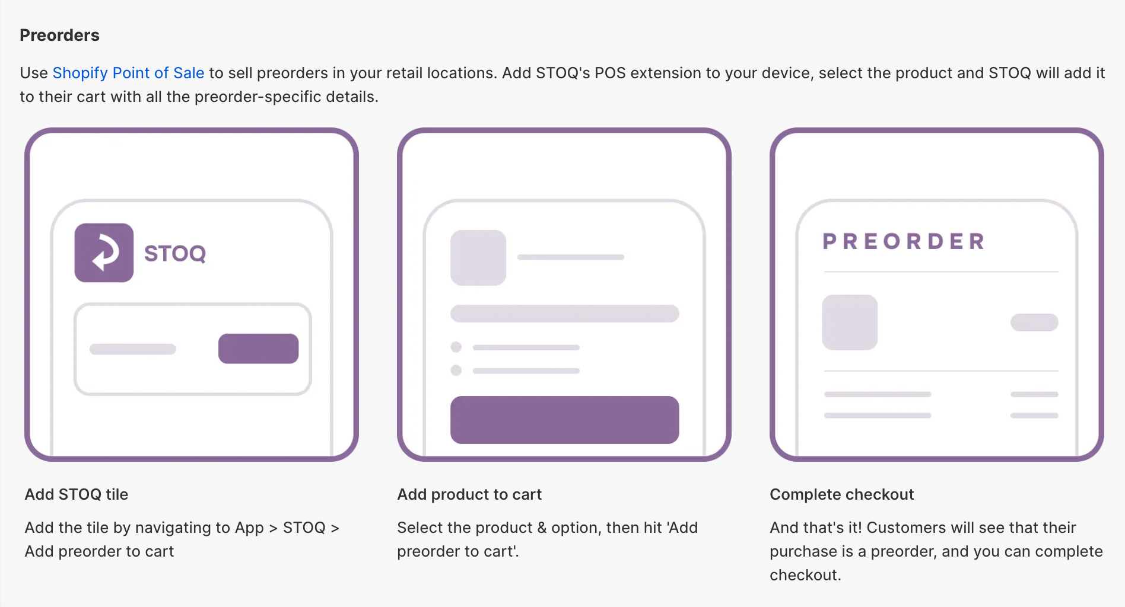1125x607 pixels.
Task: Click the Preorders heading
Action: click(x=59, y=36)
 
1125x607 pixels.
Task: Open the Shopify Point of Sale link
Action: click(x=128, y=73)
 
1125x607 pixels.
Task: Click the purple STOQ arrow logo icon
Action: click(x=104, y=253)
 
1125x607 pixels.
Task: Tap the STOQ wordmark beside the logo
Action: click(x=175, y=254)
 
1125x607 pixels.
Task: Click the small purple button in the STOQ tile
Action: click(x=258, y=349)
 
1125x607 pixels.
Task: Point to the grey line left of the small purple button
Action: click(x=132, y=349)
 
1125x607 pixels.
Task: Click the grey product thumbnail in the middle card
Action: click(x=478, y=258)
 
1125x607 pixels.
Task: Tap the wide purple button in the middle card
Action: click(x=564, y=420)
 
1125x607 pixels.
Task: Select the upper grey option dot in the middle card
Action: click(x=456, y=347)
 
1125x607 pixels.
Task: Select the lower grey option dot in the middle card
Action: click(x=456, y=370)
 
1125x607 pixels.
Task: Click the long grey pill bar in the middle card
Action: click(x=564, y=314)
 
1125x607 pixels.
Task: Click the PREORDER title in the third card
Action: click(x=904, y=242)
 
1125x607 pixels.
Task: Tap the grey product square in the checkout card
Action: click(x=850, y=322)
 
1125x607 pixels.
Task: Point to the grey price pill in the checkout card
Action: click(x=1034, y=322)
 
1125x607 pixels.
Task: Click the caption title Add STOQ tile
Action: click(x=77, y=494)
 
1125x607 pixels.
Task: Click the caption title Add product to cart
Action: click(x=469, y=494)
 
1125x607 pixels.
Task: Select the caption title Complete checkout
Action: click(x=841, y=494)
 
